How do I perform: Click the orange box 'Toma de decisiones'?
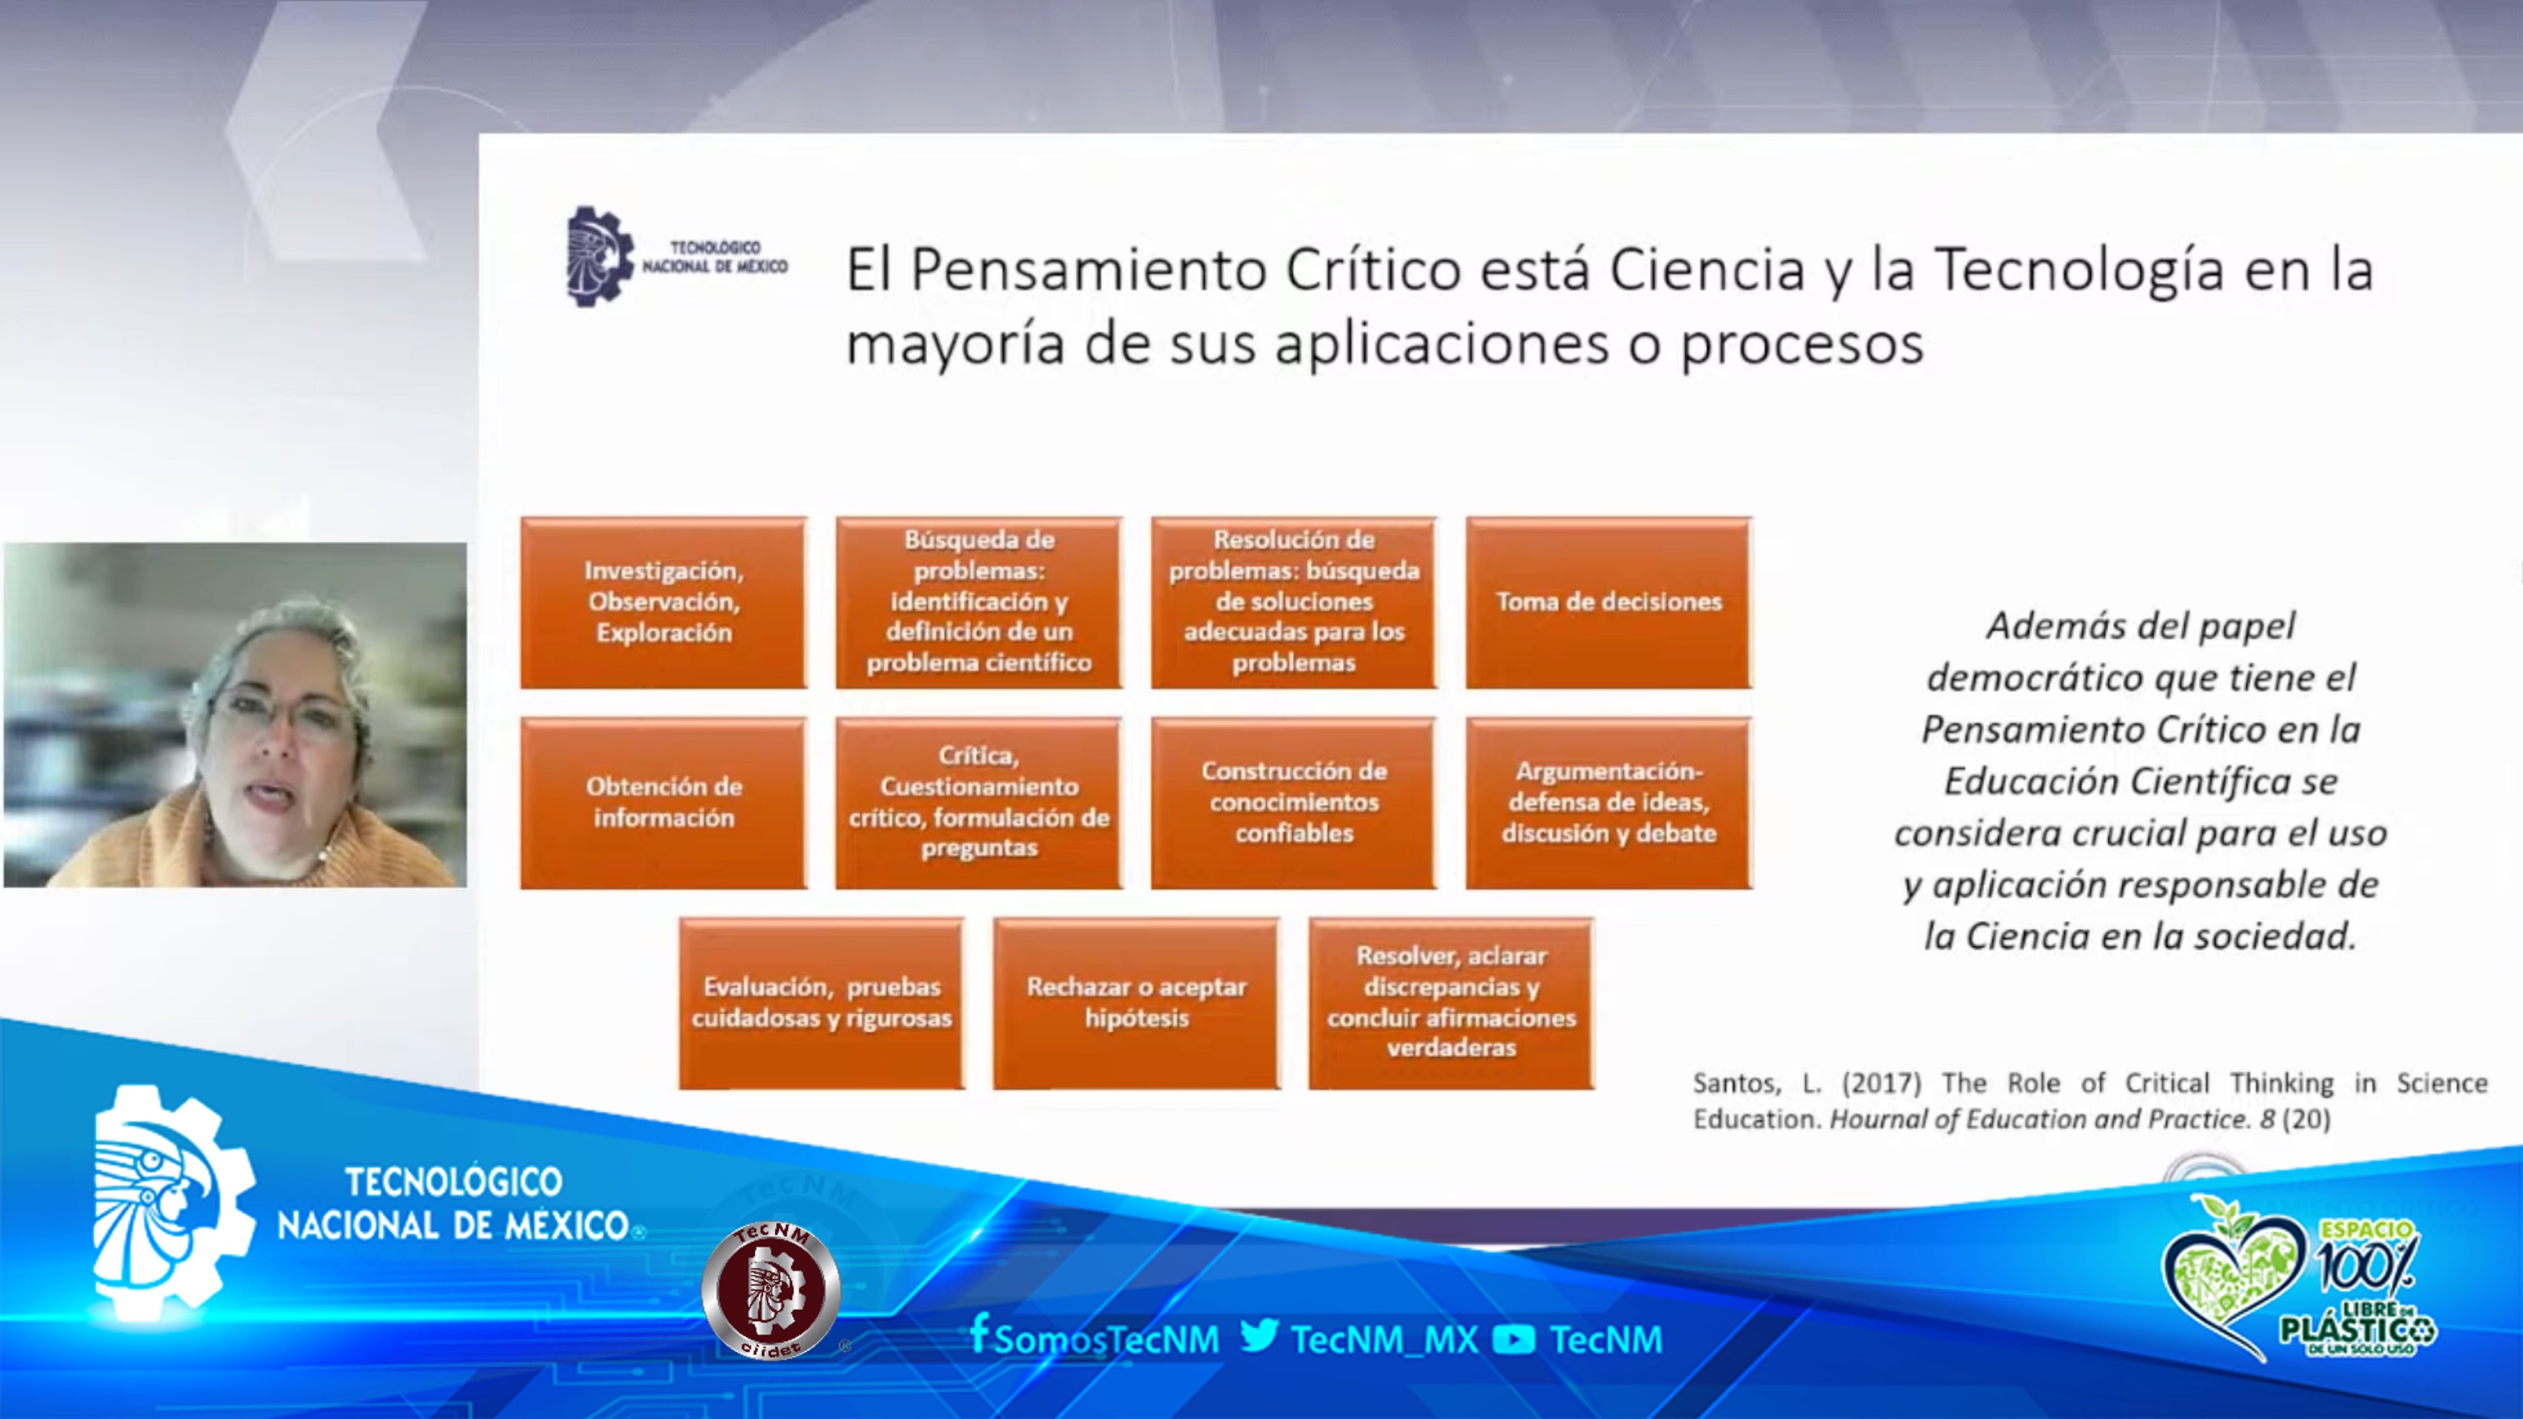1608,602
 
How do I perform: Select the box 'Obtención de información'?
663,803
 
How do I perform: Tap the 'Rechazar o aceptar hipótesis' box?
1136,1003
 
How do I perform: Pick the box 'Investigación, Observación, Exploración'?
663,602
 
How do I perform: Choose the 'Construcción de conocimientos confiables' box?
1293,803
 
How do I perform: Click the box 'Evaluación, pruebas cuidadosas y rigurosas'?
821,1003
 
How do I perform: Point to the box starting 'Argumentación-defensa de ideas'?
1608,803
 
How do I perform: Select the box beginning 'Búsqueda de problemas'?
978,602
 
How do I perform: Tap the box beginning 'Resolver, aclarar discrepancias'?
1452,1003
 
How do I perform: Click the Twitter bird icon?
1260,1336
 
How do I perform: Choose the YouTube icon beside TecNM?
1514,1340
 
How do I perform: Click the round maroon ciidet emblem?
771,1290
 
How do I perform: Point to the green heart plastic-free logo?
2233,1273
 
